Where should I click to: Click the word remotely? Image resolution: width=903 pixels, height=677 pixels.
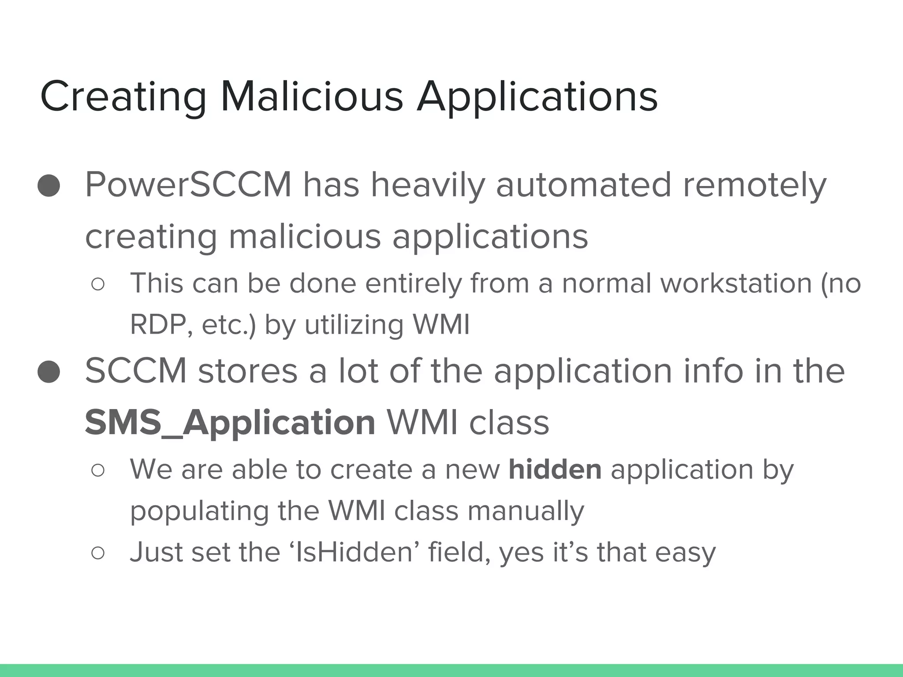click(x=754, y=186)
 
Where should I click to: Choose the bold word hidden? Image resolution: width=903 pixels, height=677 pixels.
click(x=555, y=469)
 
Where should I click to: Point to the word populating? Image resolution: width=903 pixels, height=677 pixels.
click(x=199, y=511)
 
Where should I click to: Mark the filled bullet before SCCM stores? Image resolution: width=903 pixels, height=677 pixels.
click(x=49, y=371)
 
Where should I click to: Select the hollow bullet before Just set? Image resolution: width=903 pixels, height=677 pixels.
click(x=98, y=553)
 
